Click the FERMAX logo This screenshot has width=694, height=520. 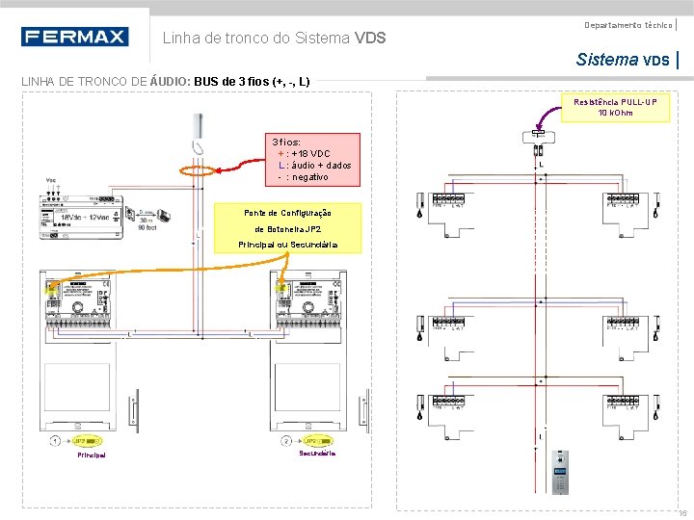(x=74, y=37)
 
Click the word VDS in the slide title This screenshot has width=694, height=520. (x=370, y=39)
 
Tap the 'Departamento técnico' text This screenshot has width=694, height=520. (x=627, y=24)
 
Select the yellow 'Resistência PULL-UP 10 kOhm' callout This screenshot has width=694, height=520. (x=617, y=107)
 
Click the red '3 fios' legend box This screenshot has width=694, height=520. (x=314, y=159)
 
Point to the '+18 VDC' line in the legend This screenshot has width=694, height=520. (x=308, y=154)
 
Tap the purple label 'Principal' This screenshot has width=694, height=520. (x=92, y=455)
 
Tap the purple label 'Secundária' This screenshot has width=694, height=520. (x=317, y=453)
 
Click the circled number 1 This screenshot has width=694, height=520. (x=56, y=441)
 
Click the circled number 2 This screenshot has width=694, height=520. (x=286, y=441)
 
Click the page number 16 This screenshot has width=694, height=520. (x=681, y=512)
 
